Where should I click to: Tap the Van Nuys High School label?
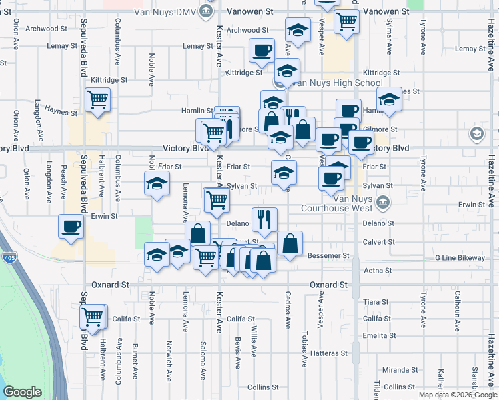[x=338, y=83]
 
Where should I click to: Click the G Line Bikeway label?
[x=460, y=257]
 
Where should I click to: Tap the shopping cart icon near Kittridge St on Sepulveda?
[x=98, y=100]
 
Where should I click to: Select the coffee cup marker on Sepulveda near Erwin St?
[x=71, y=227]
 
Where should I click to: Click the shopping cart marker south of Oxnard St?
[x=92, y=317]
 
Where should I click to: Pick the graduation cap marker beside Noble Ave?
[x=157, y=183]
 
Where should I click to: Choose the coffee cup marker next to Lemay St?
[x=262, y=50]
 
